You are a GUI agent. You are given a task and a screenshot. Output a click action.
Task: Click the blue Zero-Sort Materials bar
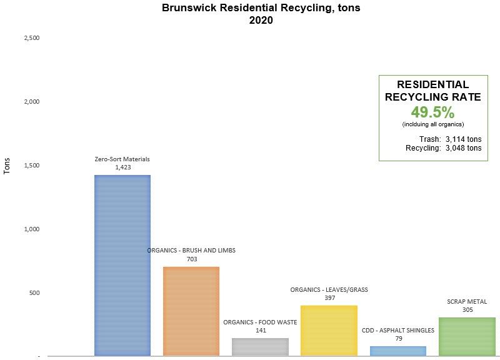coord(122,265)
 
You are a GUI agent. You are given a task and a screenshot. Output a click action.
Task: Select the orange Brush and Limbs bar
coord(191,311)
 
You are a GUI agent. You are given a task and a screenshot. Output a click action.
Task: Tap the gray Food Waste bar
coord(260,347)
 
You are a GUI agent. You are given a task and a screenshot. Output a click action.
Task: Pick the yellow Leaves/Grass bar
coord(329,331)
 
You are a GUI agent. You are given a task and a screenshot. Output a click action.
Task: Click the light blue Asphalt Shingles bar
coord(398,351)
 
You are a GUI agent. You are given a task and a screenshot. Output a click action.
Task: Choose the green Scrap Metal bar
coord(467,336)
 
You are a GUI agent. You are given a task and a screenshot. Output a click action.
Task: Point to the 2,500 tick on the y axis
coord(32,38)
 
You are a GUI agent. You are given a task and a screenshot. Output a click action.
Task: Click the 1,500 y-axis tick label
coord(32,166)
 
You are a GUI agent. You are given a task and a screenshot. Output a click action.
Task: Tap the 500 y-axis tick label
coord(34,292)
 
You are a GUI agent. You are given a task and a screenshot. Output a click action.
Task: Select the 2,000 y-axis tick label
coord(32,102)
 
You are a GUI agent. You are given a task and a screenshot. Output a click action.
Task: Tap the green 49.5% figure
coord(432,112)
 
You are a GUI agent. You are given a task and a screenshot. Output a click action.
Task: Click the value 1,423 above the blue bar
coord(122,167)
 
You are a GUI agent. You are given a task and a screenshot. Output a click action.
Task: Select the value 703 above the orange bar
coord(191,259)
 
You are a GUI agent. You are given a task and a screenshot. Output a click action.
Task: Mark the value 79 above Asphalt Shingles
coord(398,338)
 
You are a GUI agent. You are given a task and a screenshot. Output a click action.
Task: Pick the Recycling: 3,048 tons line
coord(444,148)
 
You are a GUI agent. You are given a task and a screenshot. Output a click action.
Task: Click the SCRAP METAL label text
coord(467,301)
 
